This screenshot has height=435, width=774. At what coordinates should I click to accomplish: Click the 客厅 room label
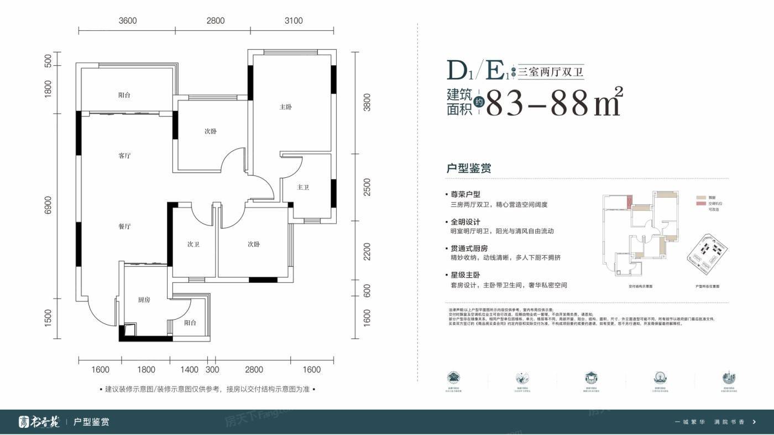[124, 156]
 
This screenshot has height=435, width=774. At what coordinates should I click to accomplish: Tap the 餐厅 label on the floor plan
[124, 226]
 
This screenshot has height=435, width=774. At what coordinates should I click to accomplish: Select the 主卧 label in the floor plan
[285, 107]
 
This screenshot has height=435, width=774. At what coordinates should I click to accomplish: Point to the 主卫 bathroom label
[302, 188]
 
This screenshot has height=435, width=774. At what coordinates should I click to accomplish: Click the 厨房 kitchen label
[144, 300]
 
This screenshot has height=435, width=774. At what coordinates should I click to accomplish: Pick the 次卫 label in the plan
[193, 244]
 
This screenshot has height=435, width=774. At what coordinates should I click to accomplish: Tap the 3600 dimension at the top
[127, 21]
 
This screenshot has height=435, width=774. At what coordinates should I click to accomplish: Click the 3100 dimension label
[294, 21]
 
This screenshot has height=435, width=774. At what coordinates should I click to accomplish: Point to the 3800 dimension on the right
[367, 102]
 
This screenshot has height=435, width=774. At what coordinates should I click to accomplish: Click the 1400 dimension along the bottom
[189, 369]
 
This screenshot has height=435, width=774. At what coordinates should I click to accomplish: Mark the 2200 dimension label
[367, 252]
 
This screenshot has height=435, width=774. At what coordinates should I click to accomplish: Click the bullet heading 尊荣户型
[465, 195]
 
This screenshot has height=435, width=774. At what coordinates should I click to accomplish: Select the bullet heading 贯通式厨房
[469, 248]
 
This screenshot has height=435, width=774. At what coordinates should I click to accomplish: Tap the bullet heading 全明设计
[465, 222]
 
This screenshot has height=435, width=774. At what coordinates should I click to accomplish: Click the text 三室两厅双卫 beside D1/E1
[551, 72]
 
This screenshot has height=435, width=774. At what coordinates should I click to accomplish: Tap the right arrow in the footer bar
[754, 422]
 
